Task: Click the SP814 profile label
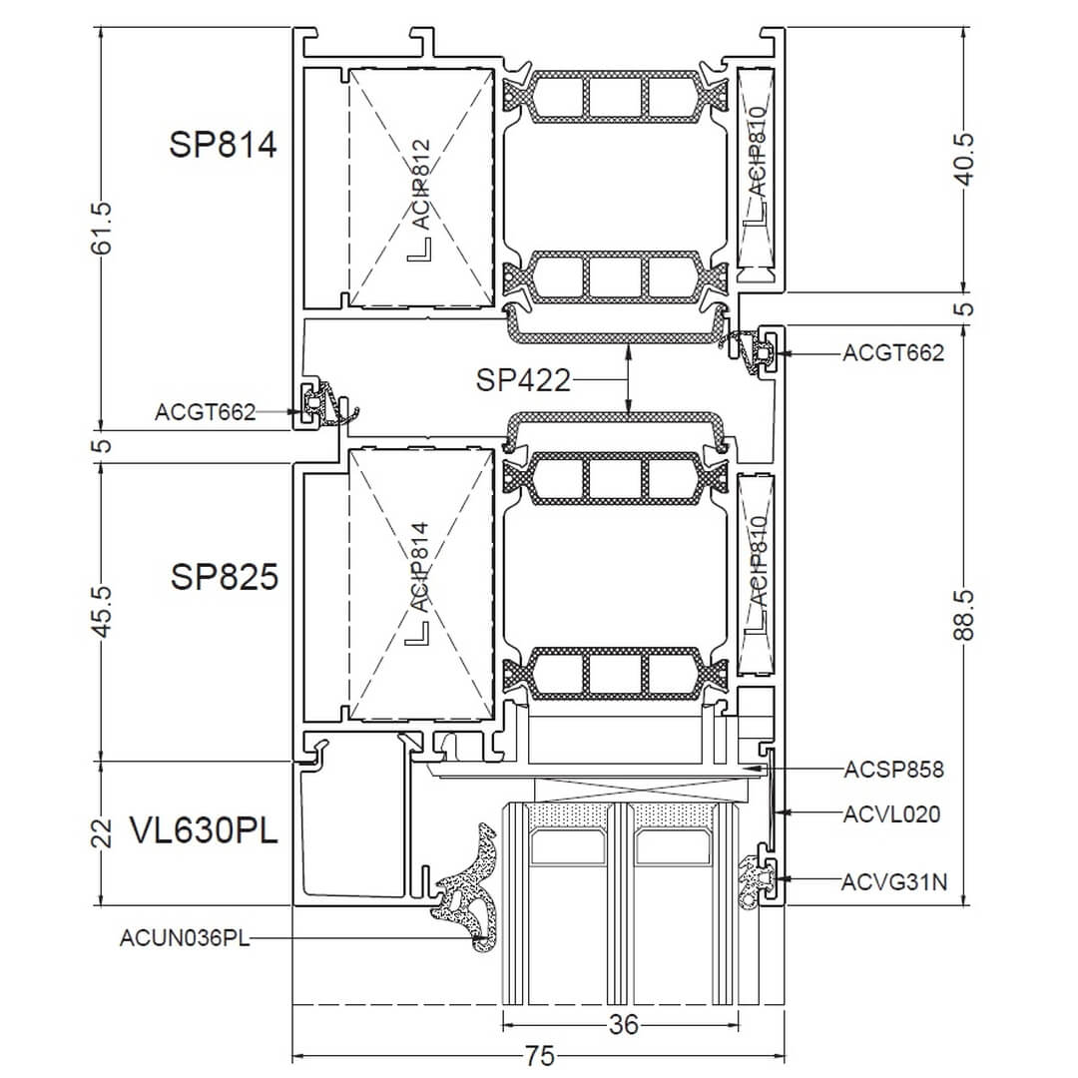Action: [x=223, y=145]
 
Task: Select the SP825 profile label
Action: [x=225, y=576]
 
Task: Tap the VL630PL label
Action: [x=204, y=830]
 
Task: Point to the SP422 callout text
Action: [x=523, y=379]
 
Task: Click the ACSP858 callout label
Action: [x=893, y=770]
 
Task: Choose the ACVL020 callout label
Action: [x=891, y=814]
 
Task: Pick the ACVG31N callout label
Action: [x=894, y=881]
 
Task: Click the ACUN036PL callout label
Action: [x=185, y=937]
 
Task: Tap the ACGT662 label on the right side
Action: [x=893, y=352]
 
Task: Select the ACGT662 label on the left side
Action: [x=205, y=412]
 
